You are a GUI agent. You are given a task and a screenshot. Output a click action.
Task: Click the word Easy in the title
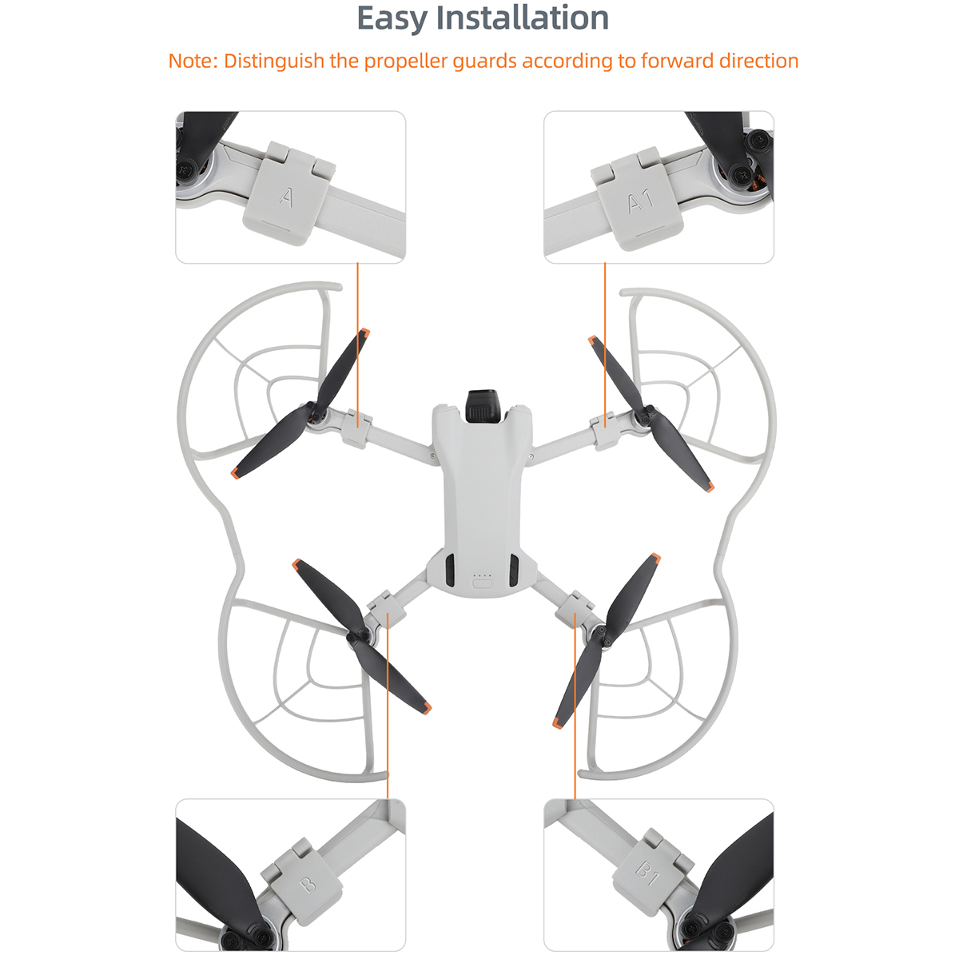[x=392, y=19]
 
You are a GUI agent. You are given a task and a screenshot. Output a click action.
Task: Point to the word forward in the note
[x=676, y=61]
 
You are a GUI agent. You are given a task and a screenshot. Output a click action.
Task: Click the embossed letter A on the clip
[x=285, y=197]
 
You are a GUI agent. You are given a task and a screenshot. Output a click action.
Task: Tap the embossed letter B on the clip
[x=308, y=885]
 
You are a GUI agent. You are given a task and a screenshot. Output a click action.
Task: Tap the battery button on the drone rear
[x=482, y=583]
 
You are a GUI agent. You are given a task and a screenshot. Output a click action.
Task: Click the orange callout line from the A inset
[x=357, y=345]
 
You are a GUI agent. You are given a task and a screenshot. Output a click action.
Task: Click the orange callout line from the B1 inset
[x=575, y=706]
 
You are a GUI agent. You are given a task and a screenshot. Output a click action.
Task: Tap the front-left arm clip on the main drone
[x=356, y=428]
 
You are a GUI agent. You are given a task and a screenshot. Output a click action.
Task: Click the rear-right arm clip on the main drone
[x=575, y=607]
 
